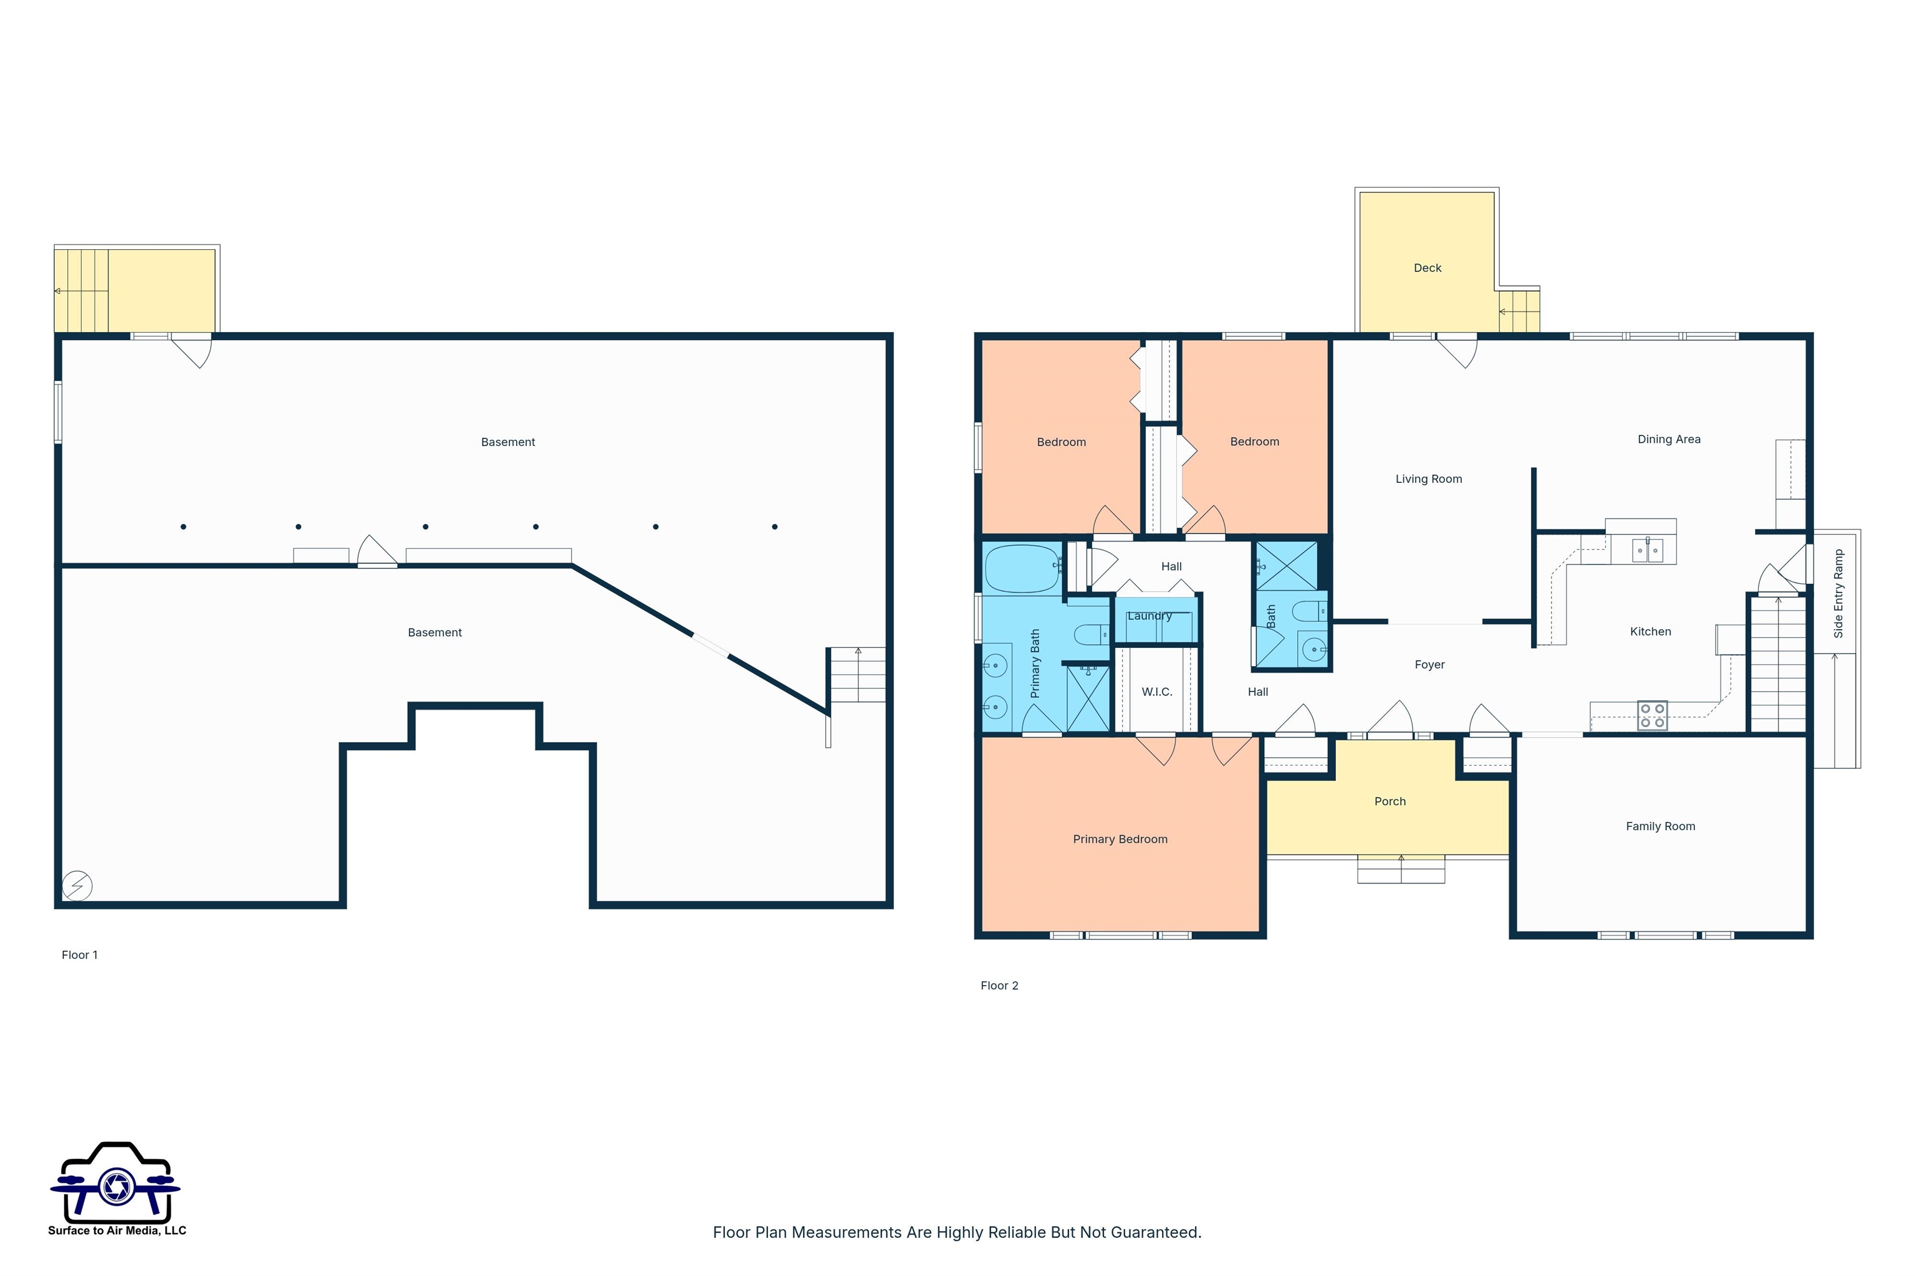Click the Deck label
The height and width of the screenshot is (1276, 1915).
(1428, 268)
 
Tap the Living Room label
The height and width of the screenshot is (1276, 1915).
(1429, 478)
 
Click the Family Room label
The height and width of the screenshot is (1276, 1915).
(1660, 826)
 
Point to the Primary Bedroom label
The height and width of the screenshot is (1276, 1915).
(1120, 839)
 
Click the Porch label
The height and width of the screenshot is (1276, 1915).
(1390, 802)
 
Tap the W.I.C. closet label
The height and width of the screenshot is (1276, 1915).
(1156, 692)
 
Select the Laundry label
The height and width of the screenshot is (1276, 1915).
(1149, 616)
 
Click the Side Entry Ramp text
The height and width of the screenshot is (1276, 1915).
(1838, 593)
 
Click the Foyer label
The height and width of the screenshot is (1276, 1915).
(1430, 665)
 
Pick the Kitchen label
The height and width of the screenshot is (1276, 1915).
(1651, 632)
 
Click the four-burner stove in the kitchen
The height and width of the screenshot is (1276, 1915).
(1652, 715)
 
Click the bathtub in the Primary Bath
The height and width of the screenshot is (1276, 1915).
(1022, 568)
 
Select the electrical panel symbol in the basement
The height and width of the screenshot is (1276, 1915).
(77, 885)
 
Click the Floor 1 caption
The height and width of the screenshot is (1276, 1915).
(80, 955)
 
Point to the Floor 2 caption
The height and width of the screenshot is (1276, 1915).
(999, 986)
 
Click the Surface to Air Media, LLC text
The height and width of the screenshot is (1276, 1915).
(117, 1231)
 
